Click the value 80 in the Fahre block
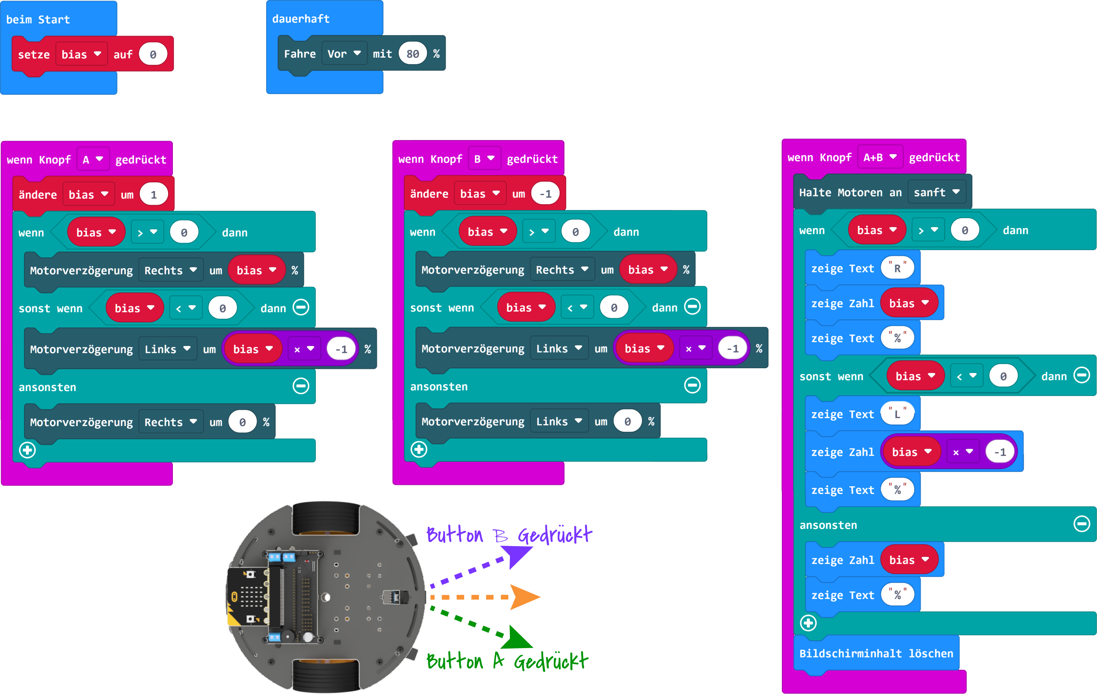pyautogui.click(x=412, y=54)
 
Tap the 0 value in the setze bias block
pyautogui.click(x=153, y=55)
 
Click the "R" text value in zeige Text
pyautogui.click(x=897, y=268)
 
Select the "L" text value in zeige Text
pyautogui.click(x=897, y=414)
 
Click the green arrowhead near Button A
pyautogui.click(x=517, y=638)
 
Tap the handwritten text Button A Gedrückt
pyautogui.click(x=507, y=661)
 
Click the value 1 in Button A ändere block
pyautogui.click(x=154, y=194)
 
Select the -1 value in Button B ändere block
pyautogui.click(x=545, y=194)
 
